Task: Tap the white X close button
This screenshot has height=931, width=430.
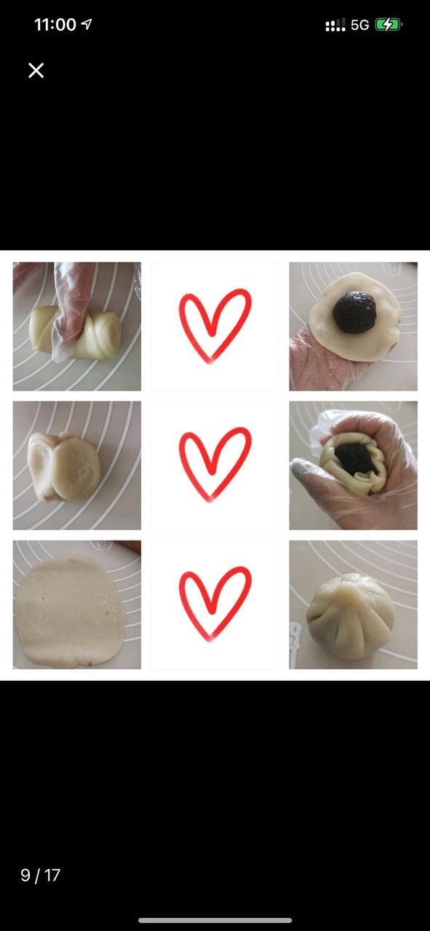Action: pyautogui.click(x=36, y=71)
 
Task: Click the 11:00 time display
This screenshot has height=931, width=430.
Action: pyautogui.click(x=55, y=25)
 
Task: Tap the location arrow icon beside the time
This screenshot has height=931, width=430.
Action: pyautogui.click(x=87, y=24)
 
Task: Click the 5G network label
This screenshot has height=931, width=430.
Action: pyautogui.click(x=359, y=25)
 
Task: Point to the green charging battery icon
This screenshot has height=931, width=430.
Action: pyautogui.click(x=389, y=25)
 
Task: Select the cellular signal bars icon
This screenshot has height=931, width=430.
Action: pyautogui.click(x=335, y=25)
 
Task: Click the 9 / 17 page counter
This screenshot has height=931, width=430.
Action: pyautogui.click(x=40, y=875)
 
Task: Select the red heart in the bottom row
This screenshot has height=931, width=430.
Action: pyautogui.click(x=215, y=604)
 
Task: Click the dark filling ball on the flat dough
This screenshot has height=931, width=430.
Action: pyautogui.click(x=354, y=312)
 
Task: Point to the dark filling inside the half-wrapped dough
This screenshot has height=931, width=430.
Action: pyautogui.click(x=356, y=459)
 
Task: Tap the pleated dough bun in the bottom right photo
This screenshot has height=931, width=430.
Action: pyautogui.click(x=350, y=616)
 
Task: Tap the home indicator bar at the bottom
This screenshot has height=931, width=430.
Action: pyautogui.click(x=215, y=920)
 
